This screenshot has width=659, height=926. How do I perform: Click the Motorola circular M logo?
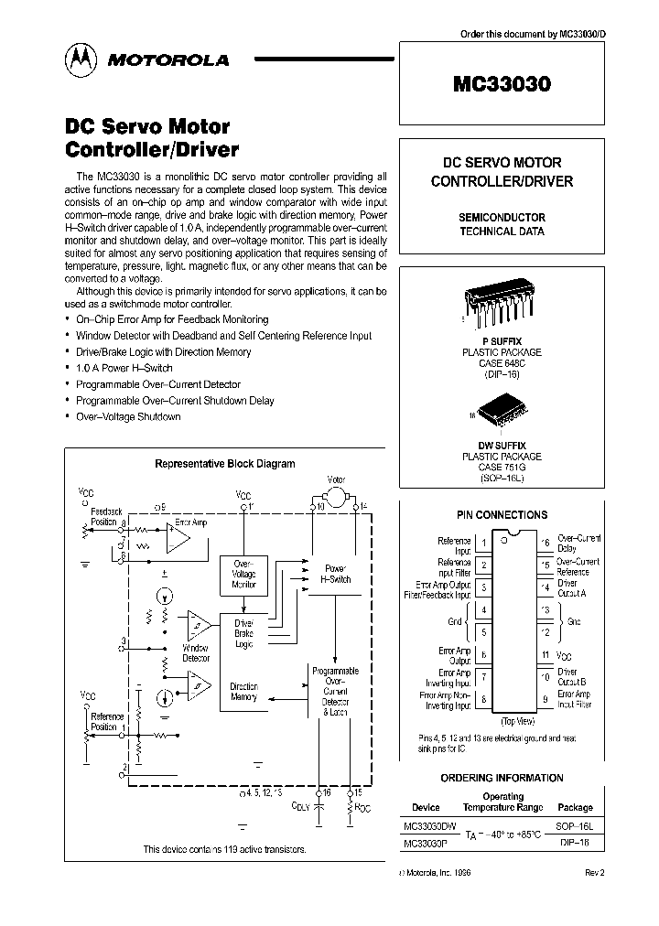(x=80, y=59)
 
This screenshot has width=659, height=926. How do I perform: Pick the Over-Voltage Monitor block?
(x=244, y=573)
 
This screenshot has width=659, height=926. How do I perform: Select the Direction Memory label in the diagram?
(x=243, y=692)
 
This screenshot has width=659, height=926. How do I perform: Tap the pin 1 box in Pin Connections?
(x=483, y=544)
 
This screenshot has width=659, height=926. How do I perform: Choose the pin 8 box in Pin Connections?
(x=483, y=700)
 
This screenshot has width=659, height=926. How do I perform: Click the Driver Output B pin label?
(x=572, y=679)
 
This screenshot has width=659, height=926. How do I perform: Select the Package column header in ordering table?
(x=575, y=807)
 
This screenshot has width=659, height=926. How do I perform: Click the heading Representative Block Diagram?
(x=225, y=464)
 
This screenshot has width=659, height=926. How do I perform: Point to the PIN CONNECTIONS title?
(x=502, y=515)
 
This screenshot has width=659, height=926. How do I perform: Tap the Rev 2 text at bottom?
(x=594, y=873)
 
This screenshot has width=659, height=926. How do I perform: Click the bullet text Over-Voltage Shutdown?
(x=128, y=416)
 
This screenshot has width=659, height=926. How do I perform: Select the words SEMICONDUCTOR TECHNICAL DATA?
(x=502, y=224)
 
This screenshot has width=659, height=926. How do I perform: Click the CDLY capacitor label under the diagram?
(x=300, y=805)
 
